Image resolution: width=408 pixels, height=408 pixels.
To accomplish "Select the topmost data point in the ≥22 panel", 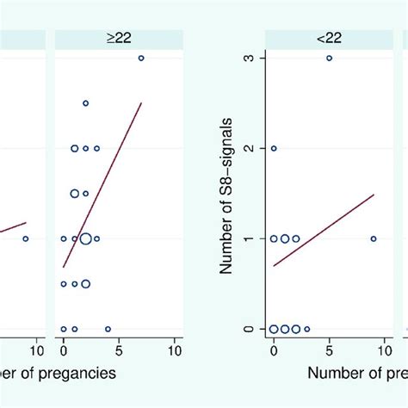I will pyautogui.click(x=141, y=58).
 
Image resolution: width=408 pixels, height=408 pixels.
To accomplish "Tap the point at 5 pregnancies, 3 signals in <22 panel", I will pyautogui.click(x=329, y=58).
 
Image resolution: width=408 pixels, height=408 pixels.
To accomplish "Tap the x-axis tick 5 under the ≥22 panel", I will pyautogui.click(x=119, y=350).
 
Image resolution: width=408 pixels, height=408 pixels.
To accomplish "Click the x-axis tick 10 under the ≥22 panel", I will pyautogui.click(x=173, y=350).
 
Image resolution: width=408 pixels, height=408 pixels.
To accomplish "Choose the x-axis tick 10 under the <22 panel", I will pyautogui.click(x=385, y=350).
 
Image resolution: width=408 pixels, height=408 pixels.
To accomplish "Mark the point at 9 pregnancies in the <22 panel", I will pyautogui.click(x=373, y=238).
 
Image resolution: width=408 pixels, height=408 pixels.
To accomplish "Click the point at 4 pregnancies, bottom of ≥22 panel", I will pyautogui.click(x=108, y=329).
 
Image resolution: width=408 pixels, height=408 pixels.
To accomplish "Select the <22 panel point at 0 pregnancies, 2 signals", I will pyautogui.click(x=274, y=148).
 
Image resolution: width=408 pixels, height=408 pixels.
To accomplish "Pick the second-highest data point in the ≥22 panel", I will pyautogui.click(x=85, y=103).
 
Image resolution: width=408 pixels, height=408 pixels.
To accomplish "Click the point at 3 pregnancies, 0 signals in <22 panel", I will pyautogui.click(x=306, y=329).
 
